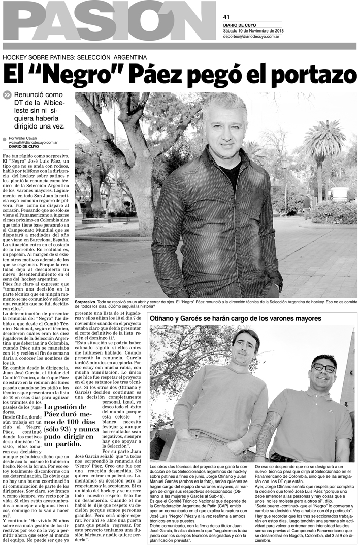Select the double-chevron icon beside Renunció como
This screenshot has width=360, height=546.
pos(7,95)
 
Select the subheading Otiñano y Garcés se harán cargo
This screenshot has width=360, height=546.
pos(235,318)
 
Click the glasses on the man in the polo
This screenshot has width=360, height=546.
pos(323,367)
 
